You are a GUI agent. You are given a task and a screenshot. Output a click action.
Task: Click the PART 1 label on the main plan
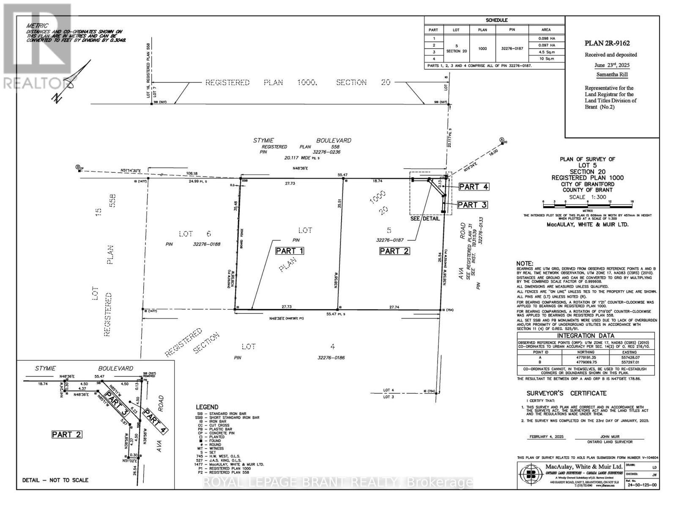tap(290, 251)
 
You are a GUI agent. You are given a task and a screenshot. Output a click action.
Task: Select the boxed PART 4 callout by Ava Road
tap(473, 187)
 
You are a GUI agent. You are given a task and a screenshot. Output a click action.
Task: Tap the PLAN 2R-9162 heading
tap(611, 43)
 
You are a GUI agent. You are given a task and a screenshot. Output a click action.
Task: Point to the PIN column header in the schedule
tap(512, 30)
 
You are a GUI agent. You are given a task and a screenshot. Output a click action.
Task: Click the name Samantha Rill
tap(612, 74)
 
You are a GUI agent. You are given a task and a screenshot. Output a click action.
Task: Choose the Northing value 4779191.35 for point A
tap(586, 357)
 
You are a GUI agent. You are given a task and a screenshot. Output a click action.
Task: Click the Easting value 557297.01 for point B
tap(629, 362)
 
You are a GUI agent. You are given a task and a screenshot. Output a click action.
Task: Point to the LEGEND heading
tap(207, 407)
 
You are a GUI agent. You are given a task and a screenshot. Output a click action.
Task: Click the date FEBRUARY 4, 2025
tap(547, 437)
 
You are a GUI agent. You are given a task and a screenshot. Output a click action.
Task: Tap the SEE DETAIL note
tap(425, 219)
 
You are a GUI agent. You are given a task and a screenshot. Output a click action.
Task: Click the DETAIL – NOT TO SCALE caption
tap(55, 480)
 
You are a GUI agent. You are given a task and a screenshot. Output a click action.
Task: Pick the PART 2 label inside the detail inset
tap(67, 434)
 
